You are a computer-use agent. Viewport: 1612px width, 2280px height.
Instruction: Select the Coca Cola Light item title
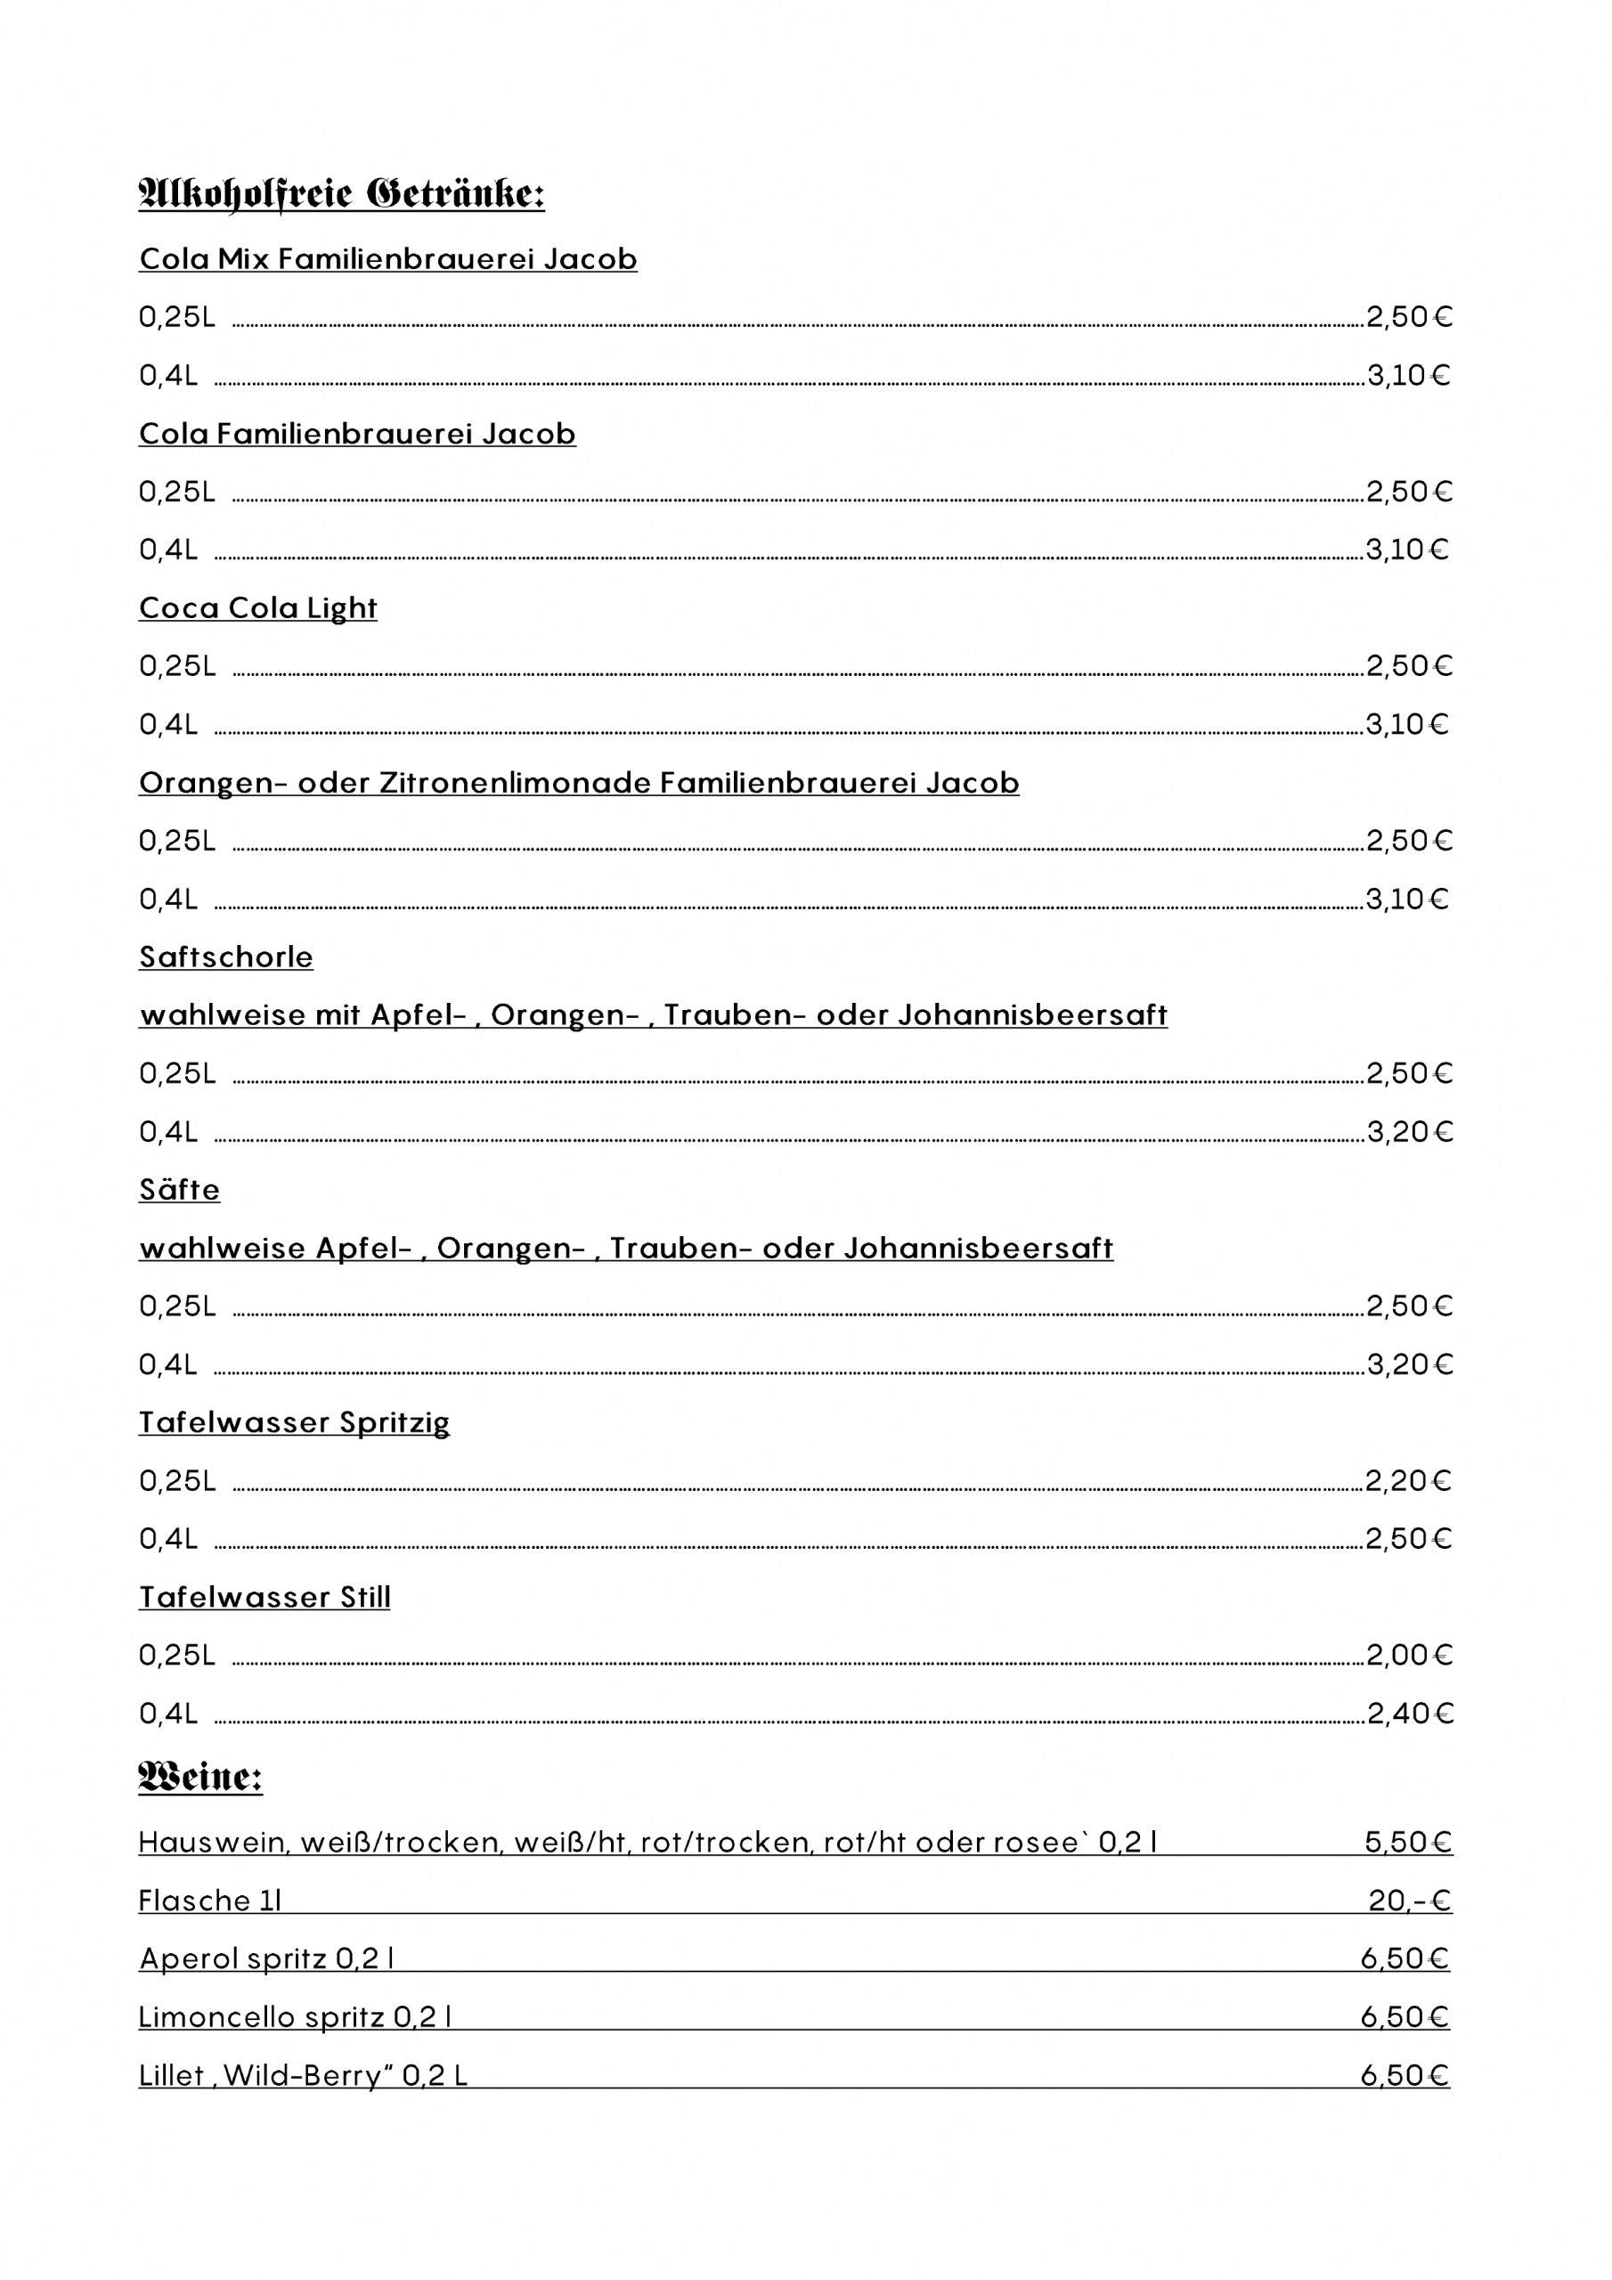258,607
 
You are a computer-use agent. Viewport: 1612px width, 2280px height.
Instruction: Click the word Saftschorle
226,957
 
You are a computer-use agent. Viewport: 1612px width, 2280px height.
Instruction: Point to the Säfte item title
180,1190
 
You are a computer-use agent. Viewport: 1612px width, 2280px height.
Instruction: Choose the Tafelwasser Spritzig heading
294,1422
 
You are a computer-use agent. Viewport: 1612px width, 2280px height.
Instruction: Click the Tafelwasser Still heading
265,1597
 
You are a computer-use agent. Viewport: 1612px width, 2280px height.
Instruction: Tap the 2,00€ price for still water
1409,1655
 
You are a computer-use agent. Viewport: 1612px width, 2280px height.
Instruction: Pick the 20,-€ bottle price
1409,1901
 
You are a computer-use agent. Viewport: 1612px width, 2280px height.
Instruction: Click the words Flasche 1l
210,1901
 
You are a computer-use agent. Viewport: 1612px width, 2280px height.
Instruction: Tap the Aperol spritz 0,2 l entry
267,1958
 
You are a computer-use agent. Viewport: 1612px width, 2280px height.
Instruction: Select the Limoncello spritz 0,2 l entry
296,2017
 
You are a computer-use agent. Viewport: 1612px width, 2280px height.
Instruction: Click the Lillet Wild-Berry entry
303,2075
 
